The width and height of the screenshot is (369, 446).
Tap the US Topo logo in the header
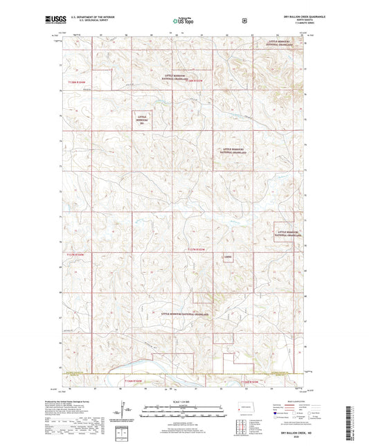pos(181,21)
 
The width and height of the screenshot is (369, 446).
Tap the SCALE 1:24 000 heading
pos(182,403)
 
